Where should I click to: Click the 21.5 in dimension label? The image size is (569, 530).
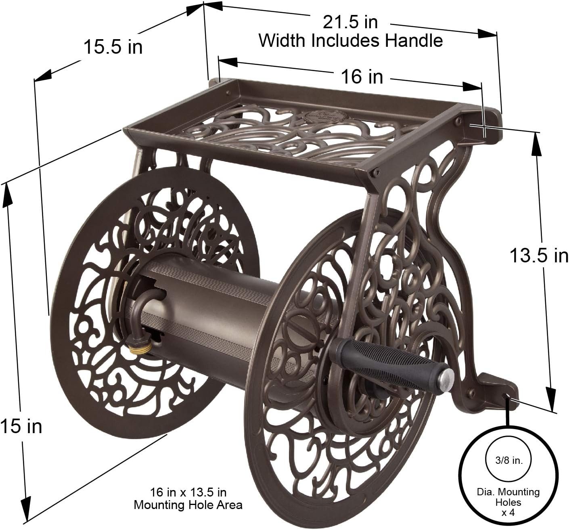pyautogui.click(x=350, y=22)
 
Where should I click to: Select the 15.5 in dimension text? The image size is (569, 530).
pyautogui.click(x=113, y=48)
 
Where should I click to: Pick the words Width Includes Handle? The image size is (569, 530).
pyautogui.click(x=350, y=40)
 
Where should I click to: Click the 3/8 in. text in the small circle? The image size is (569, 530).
pyautogui.click(x=508, y=461)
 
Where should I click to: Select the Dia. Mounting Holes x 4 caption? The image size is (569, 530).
pyautogui.click(x=508, y=502)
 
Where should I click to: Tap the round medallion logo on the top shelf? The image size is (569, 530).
pyautogui.click(x=319, y=117)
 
